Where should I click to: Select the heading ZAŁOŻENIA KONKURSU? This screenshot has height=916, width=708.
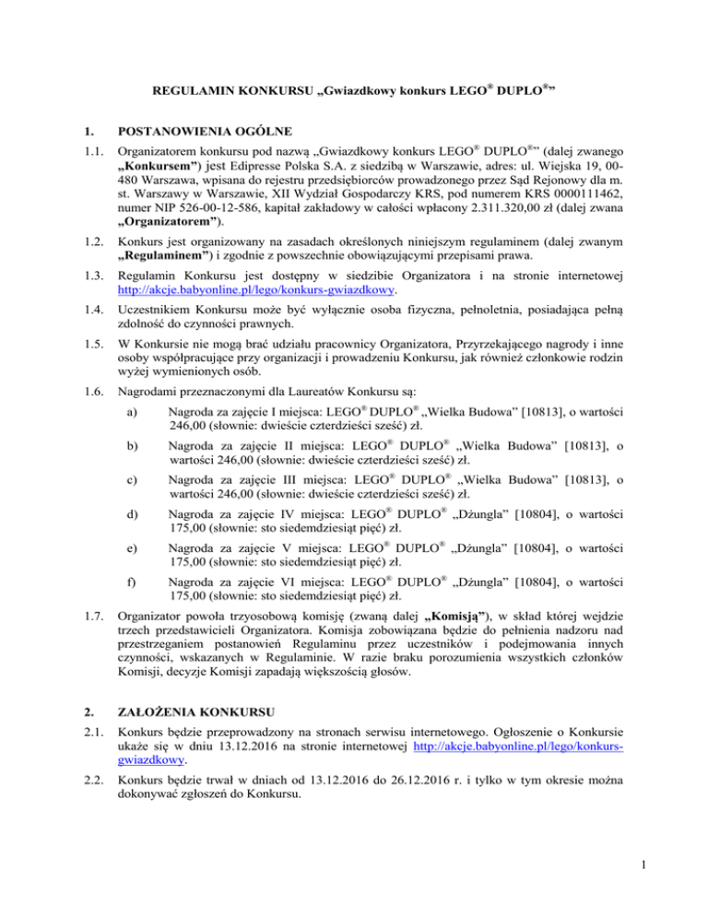(x=207, y=737)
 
